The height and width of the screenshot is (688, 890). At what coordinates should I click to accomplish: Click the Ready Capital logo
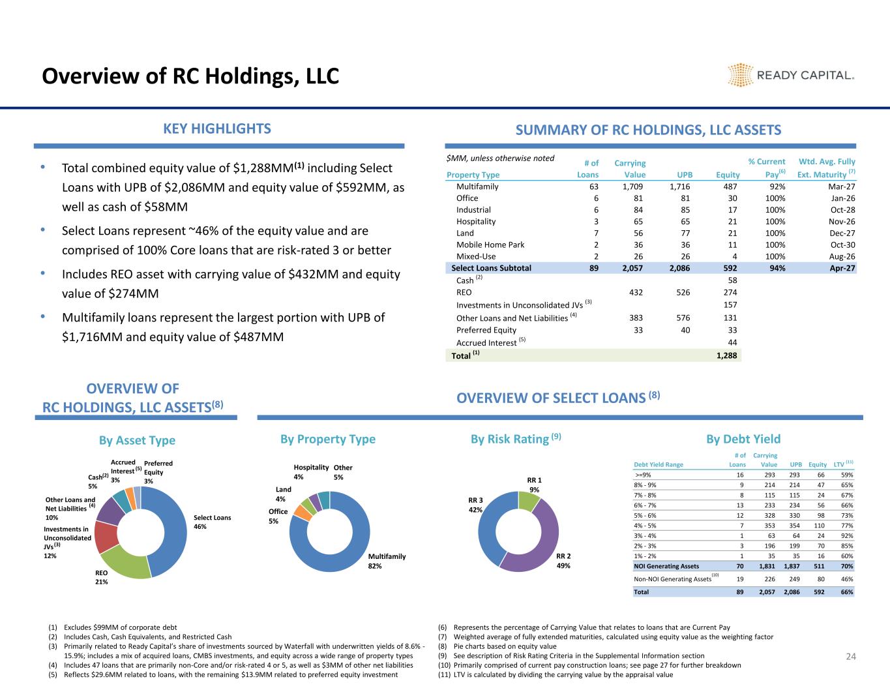[790, 75]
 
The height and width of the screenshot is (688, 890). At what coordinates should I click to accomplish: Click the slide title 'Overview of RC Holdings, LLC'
[190, 76]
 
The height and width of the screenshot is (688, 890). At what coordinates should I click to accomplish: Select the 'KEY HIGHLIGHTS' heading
[217, 128]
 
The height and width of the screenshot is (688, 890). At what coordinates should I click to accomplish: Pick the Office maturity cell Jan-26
[842, 198]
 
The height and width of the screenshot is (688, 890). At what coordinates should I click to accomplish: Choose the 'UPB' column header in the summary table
[684, 175]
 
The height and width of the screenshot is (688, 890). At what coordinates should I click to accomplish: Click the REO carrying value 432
[634, 293]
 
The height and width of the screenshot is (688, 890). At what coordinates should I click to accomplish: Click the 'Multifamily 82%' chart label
[387, 561]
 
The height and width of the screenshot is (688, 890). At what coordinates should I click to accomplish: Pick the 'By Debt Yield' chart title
[743, 440]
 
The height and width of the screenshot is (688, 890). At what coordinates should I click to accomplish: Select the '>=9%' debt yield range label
[647, 475]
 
